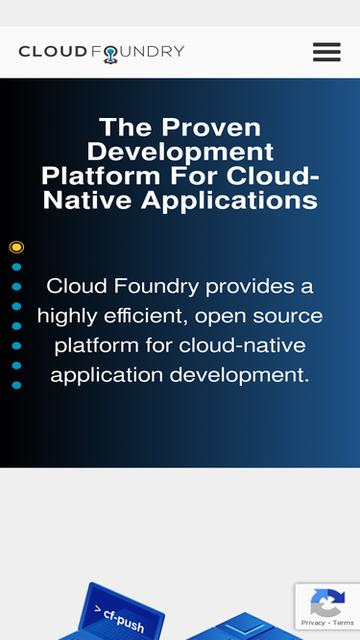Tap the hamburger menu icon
pos(326,52)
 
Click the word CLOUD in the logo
pos(53,52)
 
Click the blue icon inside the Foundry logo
pos(110,55)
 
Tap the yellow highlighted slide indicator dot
pos(16,248)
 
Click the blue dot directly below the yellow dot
pos(16,267)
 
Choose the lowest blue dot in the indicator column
pos(16,385)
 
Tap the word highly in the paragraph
pos(69,316)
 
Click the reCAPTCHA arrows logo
pos(327,604)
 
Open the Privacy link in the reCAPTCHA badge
pos(312,623)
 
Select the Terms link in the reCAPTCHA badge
pos(344,623)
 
